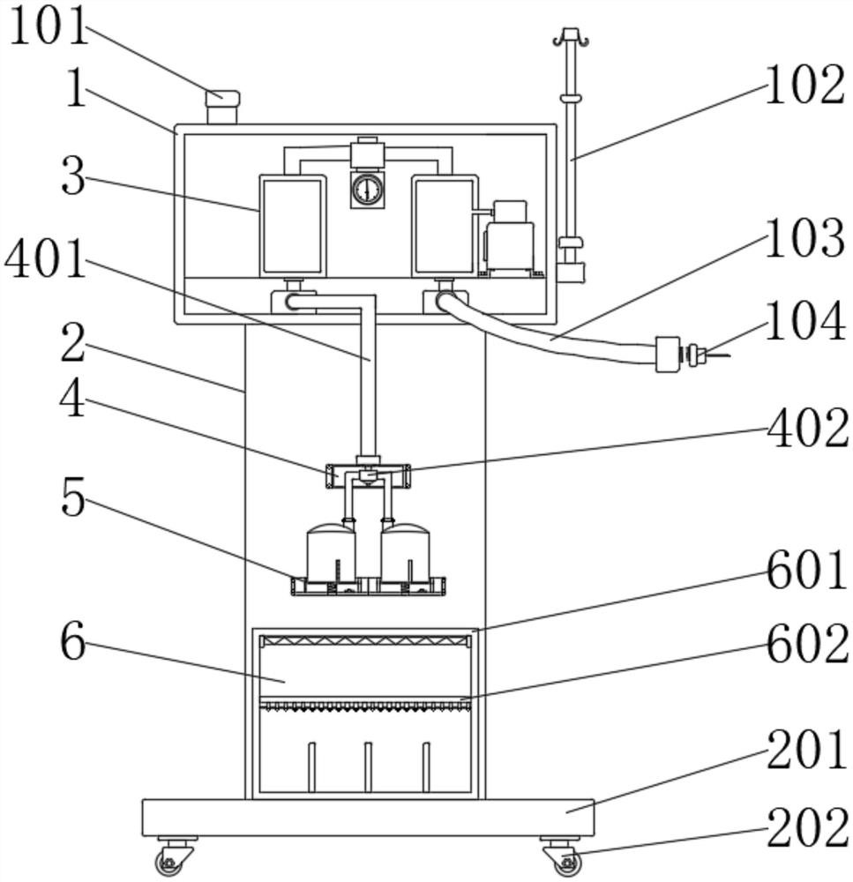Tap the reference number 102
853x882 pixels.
tap(804, 85)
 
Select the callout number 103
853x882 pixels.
tap(804, 238)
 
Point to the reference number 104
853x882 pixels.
tap(805, 321)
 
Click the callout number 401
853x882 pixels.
tap(45, 258)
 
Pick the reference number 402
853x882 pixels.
tap(808, 429)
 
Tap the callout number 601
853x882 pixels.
tap(807, 570)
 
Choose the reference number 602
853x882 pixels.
tap(808, 644)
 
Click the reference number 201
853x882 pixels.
tap(807, 750)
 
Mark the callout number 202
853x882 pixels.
tap(808, 827)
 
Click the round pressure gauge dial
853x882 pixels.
tap(367, 191)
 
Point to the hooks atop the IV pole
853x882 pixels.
tap(571, 37)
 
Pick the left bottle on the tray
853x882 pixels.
tap(331, 553)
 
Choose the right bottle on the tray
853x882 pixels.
tap(405, 553)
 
